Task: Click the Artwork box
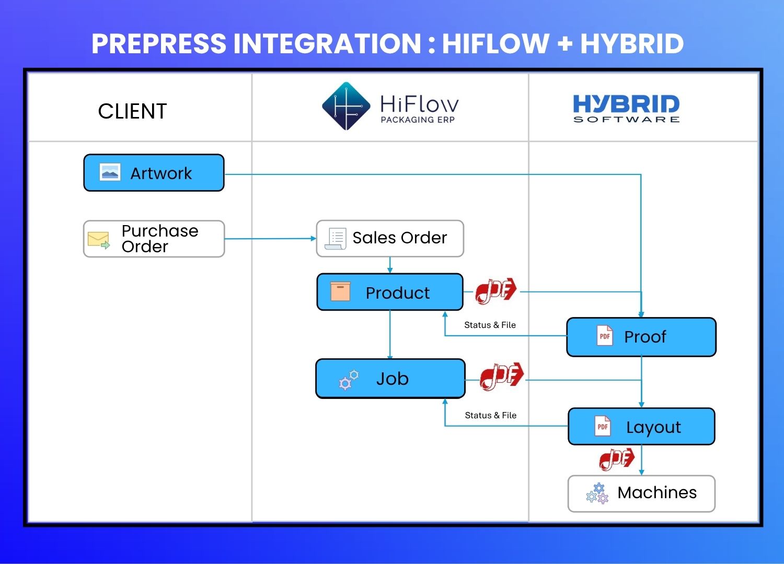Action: click(x=154, y=173)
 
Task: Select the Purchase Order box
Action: click(x=154, y=239)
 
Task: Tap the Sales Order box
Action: click(x=390, y=238)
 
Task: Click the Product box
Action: click(x=390, y=292)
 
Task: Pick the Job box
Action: click(x=390, y=379)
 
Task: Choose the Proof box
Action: click(x=641, y=337)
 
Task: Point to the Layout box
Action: click(x=641, y=427)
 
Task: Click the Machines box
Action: click(x=641, y=493)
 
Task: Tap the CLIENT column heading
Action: click(x=132, y=111)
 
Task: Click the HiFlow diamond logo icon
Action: click(x=345, y=106)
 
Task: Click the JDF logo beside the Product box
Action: click(x=495, y=290)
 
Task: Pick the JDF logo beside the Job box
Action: click(x=502, y=375)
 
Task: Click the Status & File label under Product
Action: click(x=490, y=325)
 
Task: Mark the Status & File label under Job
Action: click(x=490, y=415)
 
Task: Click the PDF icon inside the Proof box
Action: click(x=605, y=336)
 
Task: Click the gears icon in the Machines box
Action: click(x=597, y=494)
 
